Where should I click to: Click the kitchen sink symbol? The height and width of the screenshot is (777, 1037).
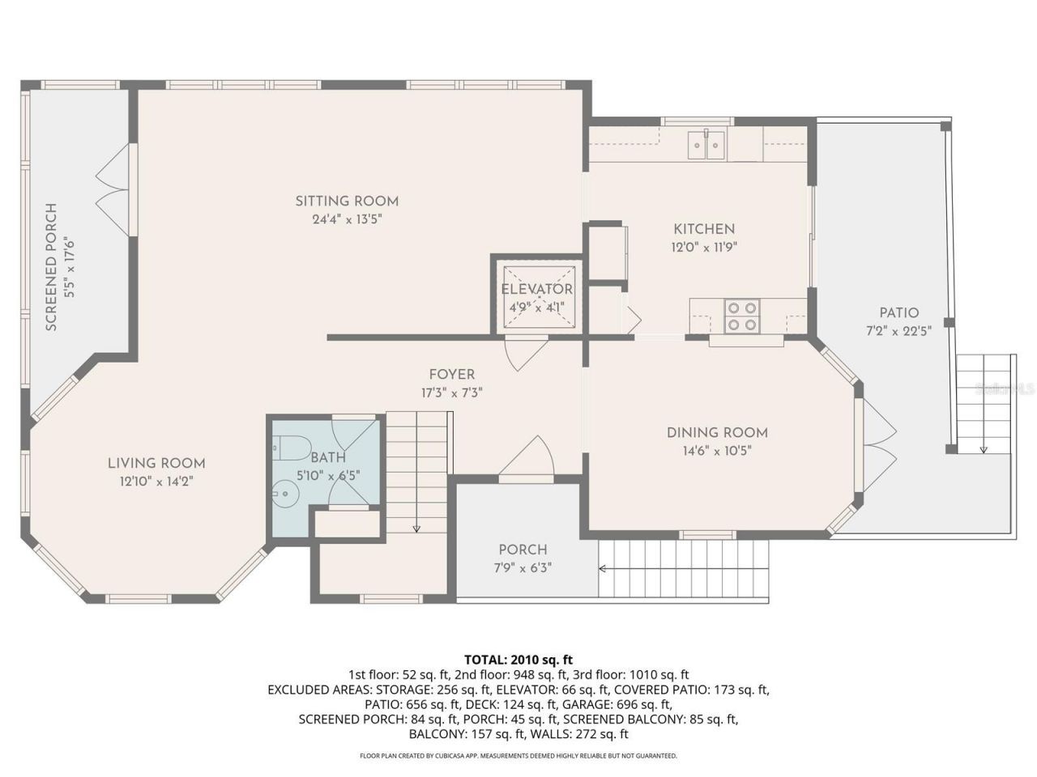707,145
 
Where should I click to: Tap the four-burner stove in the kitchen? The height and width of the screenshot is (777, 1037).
742,316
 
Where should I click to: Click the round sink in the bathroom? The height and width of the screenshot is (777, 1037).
284,490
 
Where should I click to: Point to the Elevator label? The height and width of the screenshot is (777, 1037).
536,290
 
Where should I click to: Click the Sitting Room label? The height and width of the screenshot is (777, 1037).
347,202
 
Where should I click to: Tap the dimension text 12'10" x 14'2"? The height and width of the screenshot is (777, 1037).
156,480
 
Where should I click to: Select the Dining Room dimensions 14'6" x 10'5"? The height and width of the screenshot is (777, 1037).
717,450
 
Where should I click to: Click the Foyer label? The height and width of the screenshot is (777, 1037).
452,375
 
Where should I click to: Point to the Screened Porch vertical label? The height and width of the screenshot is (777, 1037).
51,267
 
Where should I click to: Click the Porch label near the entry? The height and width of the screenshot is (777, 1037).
523,550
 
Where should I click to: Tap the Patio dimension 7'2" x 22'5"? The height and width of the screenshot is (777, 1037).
899,330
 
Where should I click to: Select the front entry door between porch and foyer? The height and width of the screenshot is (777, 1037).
527,461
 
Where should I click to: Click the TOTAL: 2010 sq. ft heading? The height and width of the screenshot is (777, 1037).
518,660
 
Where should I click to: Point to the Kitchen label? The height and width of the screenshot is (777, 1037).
704,229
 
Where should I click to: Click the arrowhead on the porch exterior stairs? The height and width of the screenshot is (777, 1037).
603,570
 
